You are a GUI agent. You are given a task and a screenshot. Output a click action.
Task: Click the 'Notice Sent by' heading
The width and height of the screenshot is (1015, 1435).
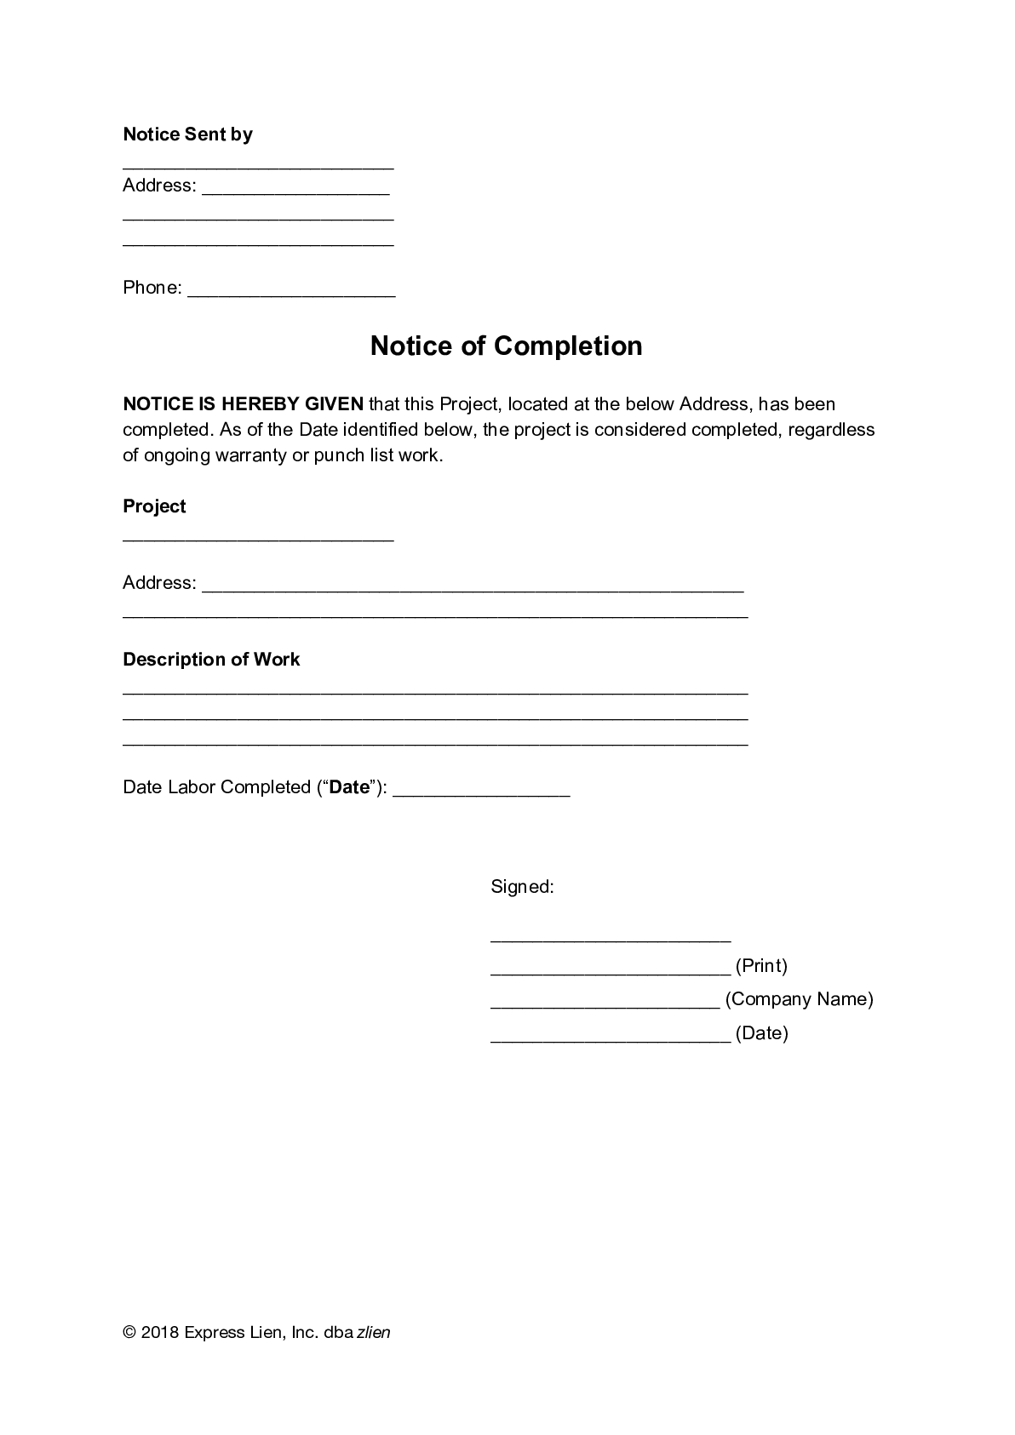(x=187, y=134)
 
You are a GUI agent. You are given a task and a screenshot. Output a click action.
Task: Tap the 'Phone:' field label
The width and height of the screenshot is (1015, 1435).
(x=152, y=288)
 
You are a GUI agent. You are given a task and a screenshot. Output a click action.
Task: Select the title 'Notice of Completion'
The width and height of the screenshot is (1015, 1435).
(x=506, y=346)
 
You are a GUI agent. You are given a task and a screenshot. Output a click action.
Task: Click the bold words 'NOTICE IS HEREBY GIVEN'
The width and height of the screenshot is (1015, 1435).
(x=243, y=403)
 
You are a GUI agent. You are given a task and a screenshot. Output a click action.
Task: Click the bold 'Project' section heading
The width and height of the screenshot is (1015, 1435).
(x=154, y=506)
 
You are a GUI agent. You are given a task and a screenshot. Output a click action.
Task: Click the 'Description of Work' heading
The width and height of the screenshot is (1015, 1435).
(x=211, y=660)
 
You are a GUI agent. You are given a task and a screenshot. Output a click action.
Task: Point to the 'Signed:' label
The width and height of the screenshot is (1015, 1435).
(x=522, y=887)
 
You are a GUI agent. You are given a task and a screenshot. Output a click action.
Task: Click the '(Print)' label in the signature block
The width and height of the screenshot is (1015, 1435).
(x=761, y=966)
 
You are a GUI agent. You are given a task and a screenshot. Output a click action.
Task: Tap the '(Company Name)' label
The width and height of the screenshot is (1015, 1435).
(x=799, y=999)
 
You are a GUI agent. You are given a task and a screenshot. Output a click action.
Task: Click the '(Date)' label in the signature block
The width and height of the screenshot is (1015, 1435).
(x=761, y=1033)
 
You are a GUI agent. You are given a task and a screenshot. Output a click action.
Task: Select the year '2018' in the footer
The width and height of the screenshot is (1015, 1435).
(x=160, y=1333)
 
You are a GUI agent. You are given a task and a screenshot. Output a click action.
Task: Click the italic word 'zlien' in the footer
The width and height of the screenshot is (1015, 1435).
(x=373, y=1333)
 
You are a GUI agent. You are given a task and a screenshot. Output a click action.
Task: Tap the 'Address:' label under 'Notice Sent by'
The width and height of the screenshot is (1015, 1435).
(x=159, y=186)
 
